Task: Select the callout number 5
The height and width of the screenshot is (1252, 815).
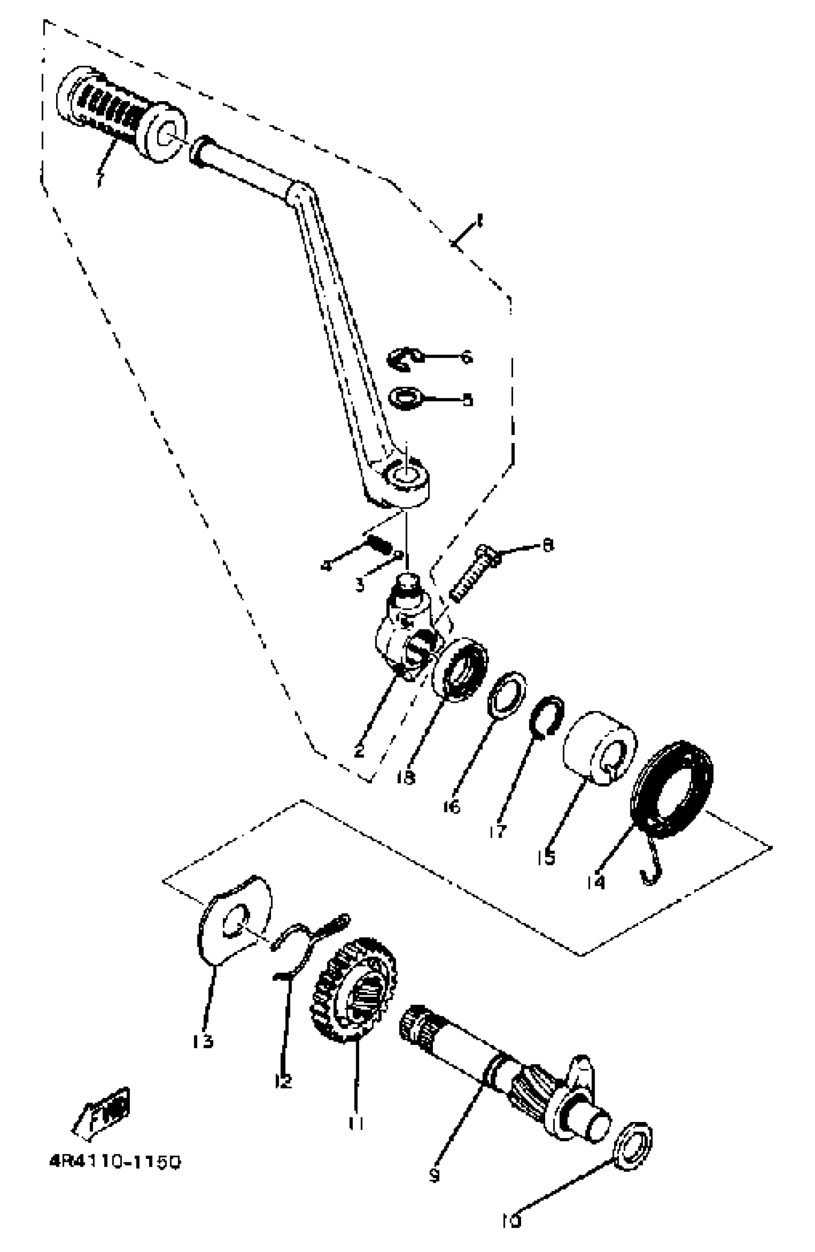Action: [x=467, y=400]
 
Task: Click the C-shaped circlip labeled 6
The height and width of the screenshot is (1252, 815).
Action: [x=404, y=359]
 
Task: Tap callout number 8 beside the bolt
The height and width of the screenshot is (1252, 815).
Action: [x=548, y=545]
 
